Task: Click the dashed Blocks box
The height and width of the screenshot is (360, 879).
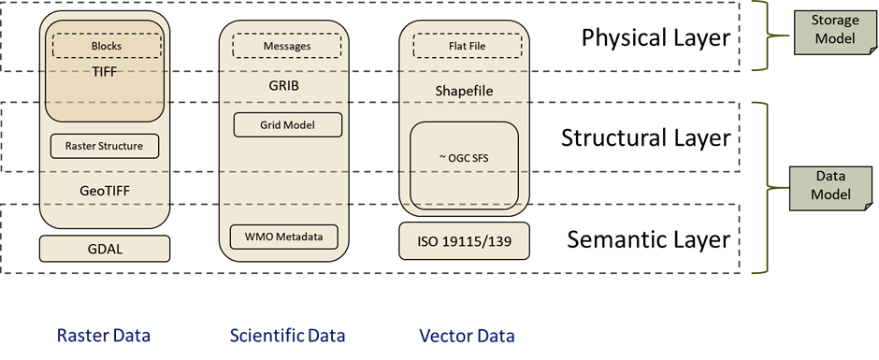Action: tap(107, 46)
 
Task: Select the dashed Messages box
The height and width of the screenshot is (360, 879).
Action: tap(287, 46)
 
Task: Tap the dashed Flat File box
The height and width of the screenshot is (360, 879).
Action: tap(467, 46)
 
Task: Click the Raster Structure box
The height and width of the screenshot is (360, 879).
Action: tap(105, 147)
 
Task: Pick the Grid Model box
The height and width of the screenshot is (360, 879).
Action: tap(288, 125)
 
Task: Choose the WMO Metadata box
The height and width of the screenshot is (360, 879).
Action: tap(284, 237)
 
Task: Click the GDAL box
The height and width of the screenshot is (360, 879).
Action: tap(105, 249)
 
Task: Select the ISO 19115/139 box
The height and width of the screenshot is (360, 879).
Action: tap(465, 241)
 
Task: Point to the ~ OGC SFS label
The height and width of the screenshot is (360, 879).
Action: tap(464, 159)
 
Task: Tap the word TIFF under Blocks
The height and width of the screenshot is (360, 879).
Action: tap(107, 71)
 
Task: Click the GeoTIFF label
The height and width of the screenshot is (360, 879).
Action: tap(105, 191)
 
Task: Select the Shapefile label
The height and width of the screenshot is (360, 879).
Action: tap(464, 92)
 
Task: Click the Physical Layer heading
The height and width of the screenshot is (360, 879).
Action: tap(656, 38)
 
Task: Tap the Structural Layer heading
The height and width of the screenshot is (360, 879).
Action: tap(646, 138)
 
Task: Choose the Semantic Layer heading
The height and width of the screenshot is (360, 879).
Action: tap(649, 239)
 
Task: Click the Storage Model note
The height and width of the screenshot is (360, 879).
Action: tap(835, 30)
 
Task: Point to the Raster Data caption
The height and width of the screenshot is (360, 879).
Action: tap(103, 337)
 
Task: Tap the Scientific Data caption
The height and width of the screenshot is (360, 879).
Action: tap(288, 337)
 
